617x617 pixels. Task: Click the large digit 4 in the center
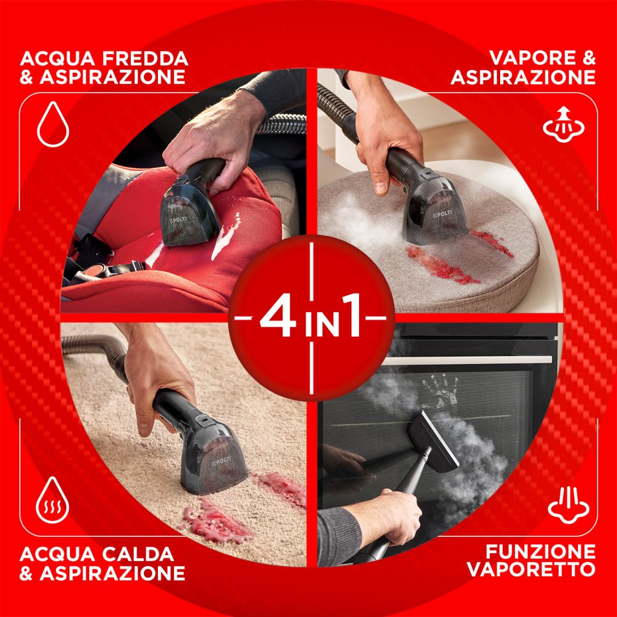(x=278, y=318)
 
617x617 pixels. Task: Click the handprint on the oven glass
(x=439, y=394)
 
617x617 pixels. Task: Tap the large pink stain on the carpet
(x=217, y=520)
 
